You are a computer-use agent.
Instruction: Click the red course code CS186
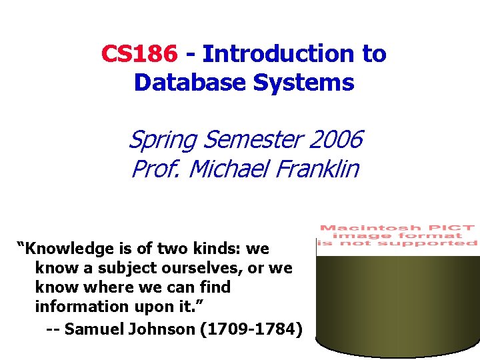click(x=139, y=53)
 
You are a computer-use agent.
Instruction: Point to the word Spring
click(x=163, y=140)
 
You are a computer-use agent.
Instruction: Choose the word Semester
click(x=254, y=140)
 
